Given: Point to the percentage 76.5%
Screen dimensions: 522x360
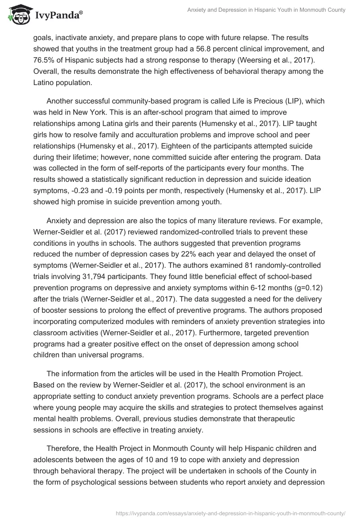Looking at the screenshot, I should (x=43, y=60).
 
